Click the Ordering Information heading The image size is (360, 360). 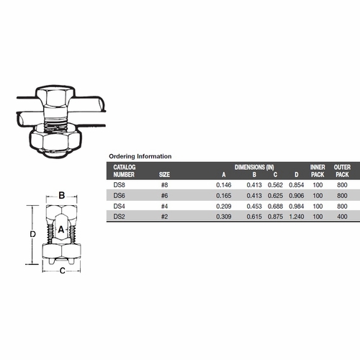pos(140,156)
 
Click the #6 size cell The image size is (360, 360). pos(165,196)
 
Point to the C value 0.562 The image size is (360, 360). pos(274,185)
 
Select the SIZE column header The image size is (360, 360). pos(165,174)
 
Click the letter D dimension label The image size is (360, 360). pos(24,234)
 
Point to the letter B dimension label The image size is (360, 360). pos(62,195)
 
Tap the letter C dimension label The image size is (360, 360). pos(62,271)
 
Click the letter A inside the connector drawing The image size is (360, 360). pos(62,229)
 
